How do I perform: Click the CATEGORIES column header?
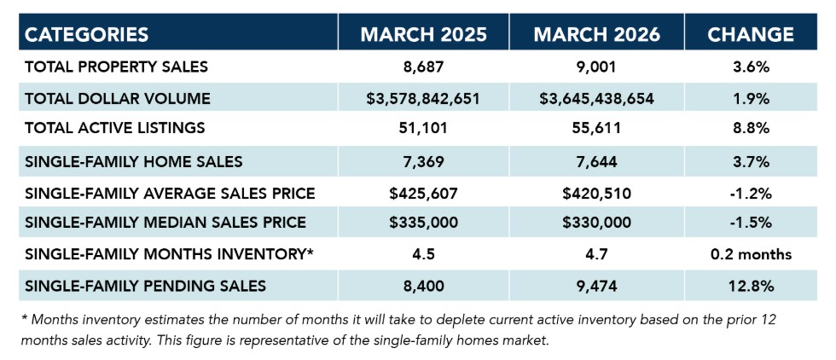[87, 34]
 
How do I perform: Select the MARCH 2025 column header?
[423, 34]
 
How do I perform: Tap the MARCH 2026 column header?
[596, 34]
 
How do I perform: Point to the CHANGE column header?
[751, 34]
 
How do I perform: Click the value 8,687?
[423, 67]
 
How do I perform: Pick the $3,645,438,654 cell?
[596, 98]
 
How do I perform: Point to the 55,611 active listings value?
[596, 129]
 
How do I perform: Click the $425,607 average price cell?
[423, 192]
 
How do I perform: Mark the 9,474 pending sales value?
[596, 285]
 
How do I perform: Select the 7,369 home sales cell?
[423, 160]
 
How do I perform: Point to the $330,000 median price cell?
[596, 223]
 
